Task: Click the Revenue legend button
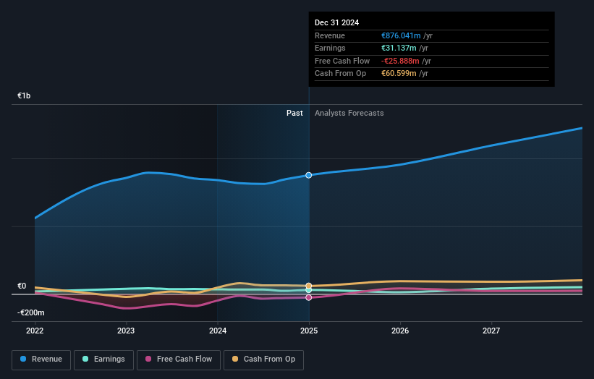coord(41,359)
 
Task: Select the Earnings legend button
coord(103,359)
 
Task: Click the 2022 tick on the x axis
coord(35,331)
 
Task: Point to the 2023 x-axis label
coord(126,331)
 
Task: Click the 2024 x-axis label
coord(217,331)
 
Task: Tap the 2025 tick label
coord(309,331)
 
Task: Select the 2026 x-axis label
coord(400,331)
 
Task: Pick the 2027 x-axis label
coord(491,331)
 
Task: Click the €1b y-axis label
coord(25,95)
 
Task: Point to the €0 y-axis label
coord(22,286)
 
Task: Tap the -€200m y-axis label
coord(31,312)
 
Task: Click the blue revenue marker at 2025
coord(309,175)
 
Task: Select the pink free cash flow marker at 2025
coord(309,297)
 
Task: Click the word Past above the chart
coord(294,113)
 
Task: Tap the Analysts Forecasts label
coord(349,113)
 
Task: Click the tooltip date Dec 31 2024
coord(336,22)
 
